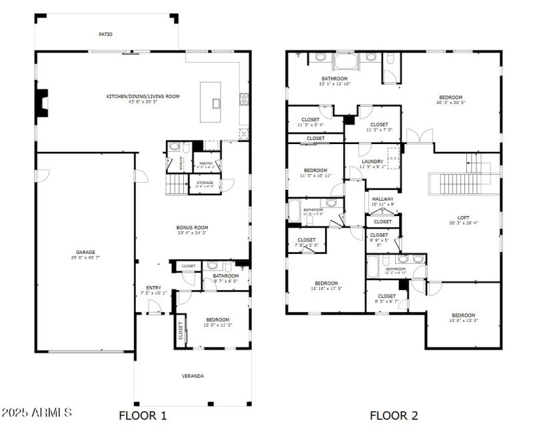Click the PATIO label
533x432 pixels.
pos(105,34)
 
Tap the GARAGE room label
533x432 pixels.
pos(85,253)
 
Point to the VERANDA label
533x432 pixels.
pos(193,376)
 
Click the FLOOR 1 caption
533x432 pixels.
pos(143,415)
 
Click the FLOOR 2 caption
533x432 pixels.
pos(394,415)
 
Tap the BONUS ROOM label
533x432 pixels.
pos(193,227)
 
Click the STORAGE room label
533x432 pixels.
pos(205,182)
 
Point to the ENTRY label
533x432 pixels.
pos(154,288)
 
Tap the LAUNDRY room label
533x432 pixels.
pos(372,161)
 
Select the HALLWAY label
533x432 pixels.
pos(382,199)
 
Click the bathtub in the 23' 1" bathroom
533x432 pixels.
pos(345,62)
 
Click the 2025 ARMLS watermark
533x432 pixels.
pos(37,413)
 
